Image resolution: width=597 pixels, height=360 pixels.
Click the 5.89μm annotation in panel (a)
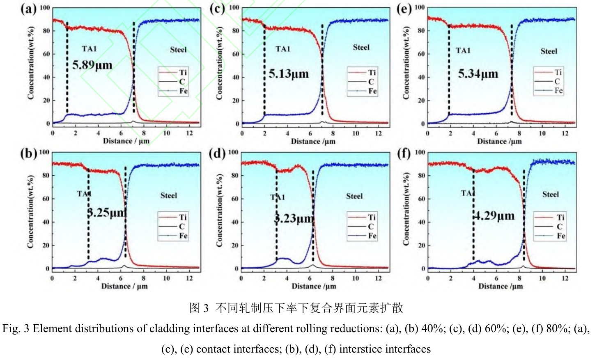pos(92,65)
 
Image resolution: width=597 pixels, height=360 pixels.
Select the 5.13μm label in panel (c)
pos(289,74)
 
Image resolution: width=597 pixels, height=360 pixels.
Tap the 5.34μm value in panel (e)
pos(478,74)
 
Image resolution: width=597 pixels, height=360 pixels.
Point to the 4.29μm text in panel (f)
pos(494,216)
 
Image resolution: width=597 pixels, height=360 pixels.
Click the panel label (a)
pos(28,9)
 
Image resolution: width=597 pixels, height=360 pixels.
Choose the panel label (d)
pos(217,154)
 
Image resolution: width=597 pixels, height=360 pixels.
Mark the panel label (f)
pos(404,154)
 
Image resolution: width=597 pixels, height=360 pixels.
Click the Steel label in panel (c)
pos(361,48)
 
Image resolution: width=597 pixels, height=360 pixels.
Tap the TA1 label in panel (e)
pos(463,50)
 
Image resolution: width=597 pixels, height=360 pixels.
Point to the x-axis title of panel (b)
pos(124,286)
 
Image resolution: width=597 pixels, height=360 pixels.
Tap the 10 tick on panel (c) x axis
pos(356,133)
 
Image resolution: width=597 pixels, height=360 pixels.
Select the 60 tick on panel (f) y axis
pos(421,199)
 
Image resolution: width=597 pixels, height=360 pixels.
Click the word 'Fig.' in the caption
pos(11,329)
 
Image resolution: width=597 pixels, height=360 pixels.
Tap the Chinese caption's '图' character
pos(194,308)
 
